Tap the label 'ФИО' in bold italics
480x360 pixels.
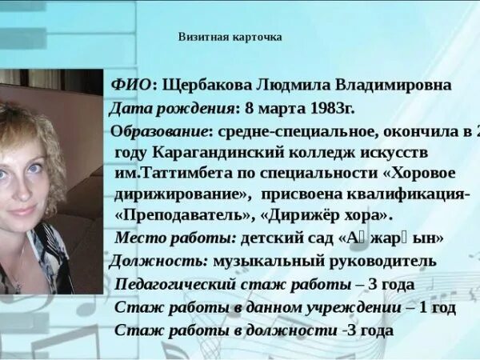pyautogui.click(x=130, y=85)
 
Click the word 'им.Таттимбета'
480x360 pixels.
pyautogui.click(x=168, y=174)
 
